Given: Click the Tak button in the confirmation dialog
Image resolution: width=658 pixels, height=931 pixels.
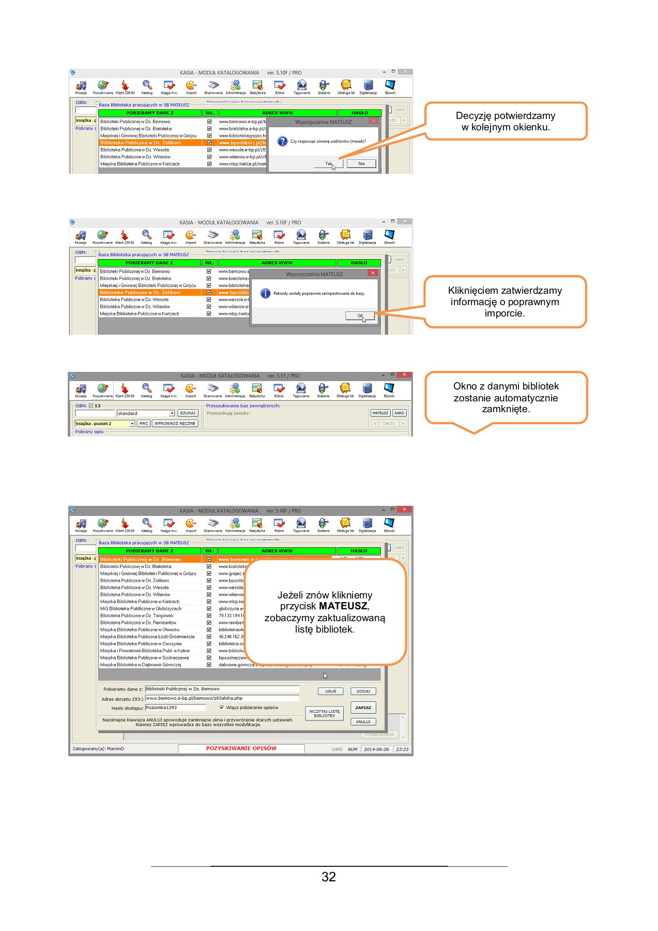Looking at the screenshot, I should (x=329, y=163).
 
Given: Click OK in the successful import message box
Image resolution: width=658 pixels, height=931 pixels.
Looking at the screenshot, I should (x=360, y=316).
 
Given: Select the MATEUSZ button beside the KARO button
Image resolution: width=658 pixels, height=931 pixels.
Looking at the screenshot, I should (x=380, y=413).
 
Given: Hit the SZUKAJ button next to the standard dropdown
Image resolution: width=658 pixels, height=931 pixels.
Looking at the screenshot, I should (x=188, y=413).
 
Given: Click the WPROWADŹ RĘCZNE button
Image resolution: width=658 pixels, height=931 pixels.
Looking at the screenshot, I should (x=175, y=423).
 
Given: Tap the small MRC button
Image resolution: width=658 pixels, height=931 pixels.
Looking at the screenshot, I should (x=144, y=423).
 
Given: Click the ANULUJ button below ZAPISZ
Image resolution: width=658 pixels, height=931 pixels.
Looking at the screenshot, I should (x=363, y=722).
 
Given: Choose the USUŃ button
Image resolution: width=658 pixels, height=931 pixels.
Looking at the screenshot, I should (x=330, y=691).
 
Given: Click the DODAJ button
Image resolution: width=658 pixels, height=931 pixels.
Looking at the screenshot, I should (x=363, y=691).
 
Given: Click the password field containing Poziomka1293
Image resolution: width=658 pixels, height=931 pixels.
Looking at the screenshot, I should (x=175, y=707).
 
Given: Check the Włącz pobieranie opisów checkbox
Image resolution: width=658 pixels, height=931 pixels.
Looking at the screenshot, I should (x=222, y=708).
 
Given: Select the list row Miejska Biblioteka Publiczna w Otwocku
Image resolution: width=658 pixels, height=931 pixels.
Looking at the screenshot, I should (x=140, y=629).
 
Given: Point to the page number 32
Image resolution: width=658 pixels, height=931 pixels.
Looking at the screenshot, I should (x=328, y=877).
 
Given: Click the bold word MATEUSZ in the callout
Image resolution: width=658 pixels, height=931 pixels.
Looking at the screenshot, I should (x=343, y=606).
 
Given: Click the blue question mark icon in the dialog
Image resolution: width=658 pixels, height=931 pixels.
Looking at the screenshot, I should (x=282, y=141).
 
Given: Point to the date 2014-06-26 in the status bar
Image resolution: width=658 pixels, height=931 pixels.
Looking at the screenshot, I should (x=376, y=749).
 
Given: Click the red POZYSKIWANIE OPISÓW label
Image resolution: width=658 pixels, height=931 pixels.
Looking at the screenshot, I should (x=241, y=748).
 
